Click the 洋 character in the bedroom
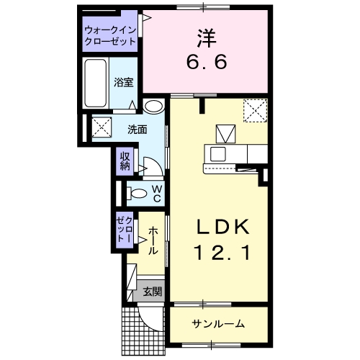pos(207,38)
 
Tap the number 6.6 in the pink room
pos(207,62)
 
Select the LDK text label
pos(223,227)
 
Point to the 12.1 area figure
pos(223,253)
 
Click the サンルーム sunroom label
pos(218,324)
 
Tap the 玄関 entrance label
pos(153,292)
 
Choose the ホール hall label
pos(153,240)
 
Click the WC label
pos(157,194)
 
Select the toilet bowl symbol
pos(137,194)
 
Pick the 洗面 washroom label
pos(138,130)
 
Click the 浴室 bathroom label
pos(123,82)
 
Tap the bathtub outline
pos(96,83)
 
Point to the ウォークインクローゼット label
pos(110,36)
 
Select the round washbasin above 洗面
pos(154,106)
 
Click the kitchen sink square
pos(218,154)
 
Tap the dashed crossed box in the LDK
pos(255,111)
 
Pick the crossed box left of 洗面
pos(102,127)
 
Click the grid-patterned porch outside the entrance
pos(143,331)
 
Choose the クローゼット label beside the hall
pos(125,229)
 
